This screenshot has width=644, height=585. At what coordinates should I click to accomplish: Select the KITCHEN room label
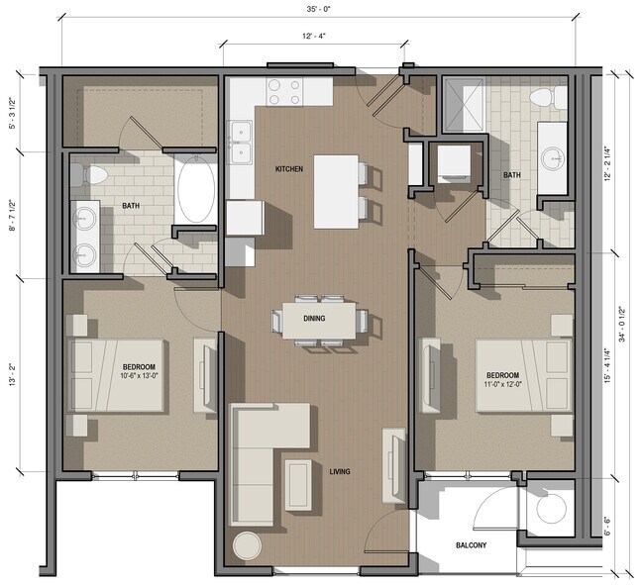[289, 169]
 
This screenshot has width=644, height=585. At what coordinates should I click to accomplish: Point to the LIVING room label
[341, 471]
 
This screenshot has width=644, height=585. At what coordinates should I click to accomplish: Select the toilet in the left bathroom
[94, 175]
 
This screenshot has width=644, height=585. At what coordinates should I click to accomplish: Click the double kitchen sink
[240, 142]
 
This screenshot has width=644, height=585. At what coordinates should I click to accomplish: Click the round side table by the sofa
[247, 545]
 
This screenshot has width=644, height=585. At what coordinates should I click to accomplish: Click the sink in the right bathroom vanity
[552, 156]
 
